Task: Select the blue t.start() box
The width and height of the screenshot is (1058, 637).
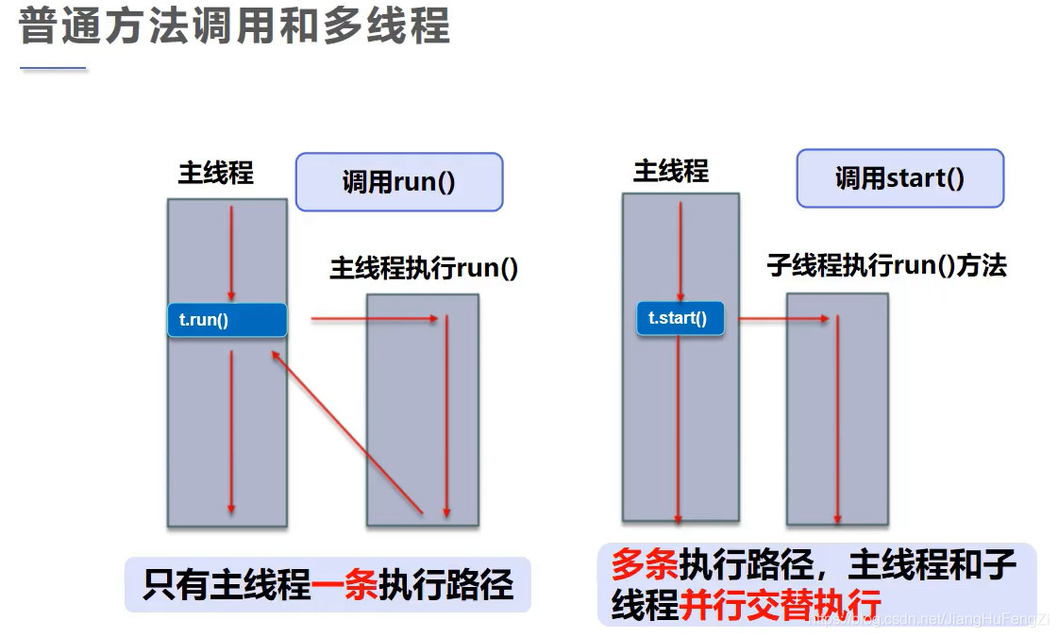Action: (679, 318)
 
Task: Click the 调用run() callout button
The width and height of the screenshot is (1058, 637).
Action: (398, 182)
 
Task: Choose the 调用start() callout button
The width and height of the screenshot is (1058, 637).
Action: (899, 178)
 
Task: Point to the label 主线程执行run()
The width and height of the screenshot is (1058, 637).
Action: (424, 269)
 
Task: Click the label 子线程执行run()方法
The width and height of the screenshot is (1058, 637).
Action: (886, 266)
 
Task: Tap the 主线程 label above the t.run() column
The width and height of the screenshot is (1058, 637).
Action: (216, 174)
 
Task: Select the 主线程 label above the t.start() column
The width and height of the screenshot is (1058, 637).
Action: (670, 171)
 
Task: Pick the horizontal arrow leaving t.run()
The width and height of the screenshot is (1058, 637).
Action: (375, 319)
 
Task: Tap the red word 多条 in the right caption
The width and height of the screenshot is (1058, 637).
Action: (645, 565)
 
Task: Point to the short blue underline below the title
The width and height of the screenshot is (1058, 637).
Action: (53, 69)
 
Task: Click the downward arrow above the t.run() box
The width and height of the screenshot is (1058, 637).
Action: (231, 252)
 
